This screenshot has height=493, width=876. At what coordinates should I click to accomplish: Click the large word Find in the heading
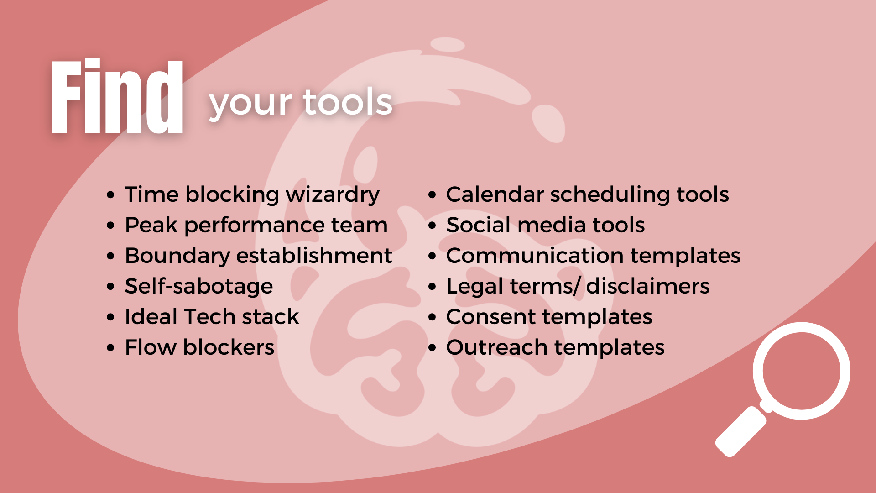[x=117, y=96]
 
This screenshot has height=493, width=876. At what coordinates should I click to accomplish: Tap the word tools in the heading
[x=347, y=102]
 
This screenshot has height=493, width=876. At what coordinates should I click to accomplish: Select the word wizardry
[x=333, y=195]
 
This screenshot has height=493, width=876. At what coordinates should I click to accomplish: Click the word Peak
[x=151, y=225]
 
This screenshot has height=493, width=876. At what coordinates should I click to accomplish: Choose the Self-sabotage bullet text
[x=199, y=287]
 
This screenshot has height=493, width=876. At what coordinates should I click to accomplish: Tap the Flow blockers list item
[x=199, y=347]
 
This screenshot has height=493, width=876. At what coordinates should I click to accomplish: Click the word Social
[x=478, y=225]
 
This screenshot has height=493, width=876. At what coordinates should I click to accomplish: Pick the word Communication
[x=534, y=256]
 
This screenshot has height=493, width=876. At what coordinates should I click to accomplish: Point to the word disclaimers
[x=648, y=286]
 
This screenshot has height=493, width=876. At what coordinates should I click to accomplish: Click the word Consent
[x=490, y=317]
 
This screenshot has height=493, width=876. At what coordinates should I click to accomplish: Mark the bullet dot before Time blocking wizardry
[x=110, y=195]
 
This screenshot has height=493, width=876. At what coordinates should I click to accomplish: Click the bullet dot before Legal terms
[x=433, y=287]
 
